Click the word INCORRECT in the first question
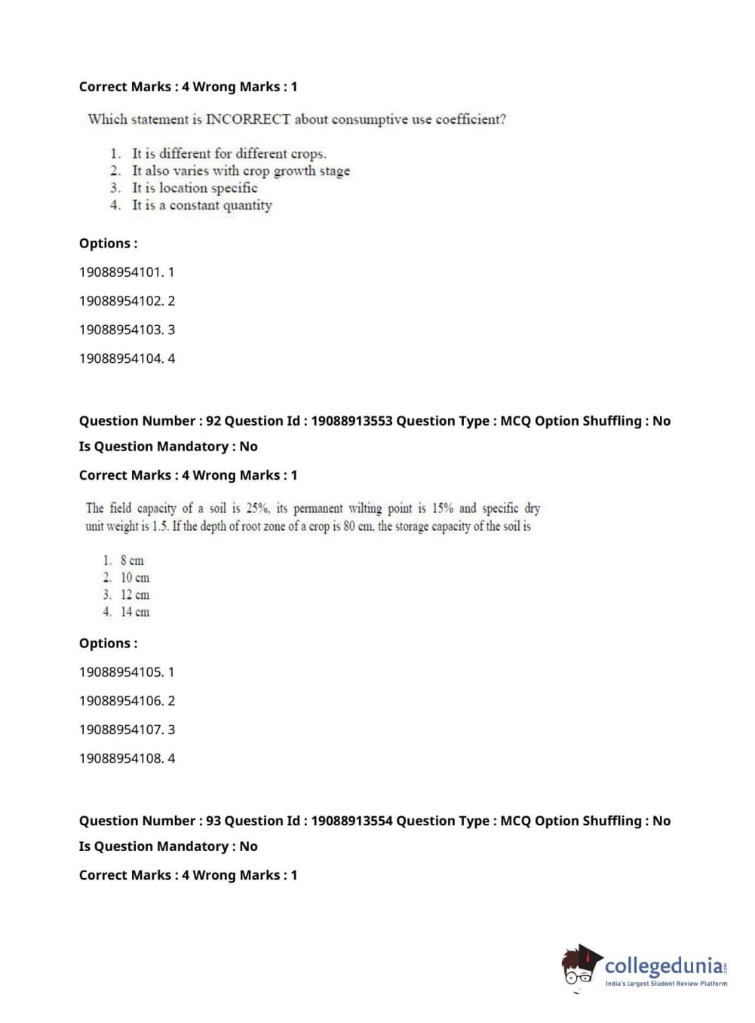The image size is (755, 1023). (247, 119)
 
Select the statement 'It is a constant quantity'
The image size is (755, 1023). (201, 205)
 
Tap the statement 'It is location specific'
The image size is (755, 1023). (195, 188)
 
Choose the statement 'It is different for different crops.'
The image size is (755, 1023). (229, 153)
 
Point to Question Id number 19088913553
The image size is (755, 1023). (351, 421)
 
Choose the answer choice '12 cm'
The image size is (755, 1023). (134, 594)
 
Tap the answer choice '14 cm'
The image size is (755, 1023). (134, 612)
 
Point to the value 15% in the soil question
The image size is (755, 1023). (442, 508)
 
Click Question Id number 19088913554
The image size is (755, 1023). (351, 821)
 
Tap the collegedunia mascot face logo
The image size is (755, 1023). (581, 966)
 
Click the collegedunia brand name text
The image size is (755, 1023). (664, 966)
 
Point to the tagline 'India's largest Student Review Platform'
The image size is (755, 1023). (666, 984)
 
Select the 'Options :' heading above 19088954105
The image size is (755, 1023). (109, 644)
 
